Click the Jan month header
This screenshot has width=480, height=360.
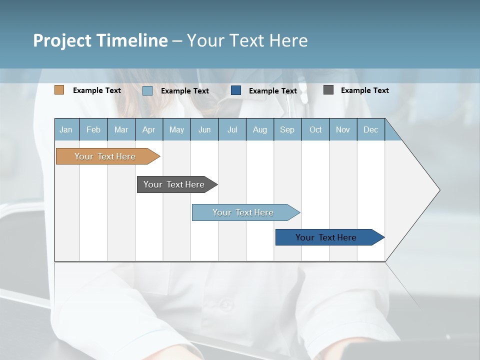(66, 129)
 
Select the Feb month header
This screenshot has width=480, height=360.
(93, 129)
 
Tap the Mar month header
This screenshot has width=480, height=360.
(121, 129)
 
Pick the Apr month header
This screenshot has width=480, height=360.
(149, 129)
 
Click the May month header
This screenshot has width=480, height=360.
(176, 129)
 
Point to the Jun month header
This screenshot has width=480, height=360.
(204, 129)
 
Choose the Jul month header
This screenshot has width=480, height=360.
(232, 129)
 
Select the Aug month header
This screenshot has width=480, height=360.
(260, 129)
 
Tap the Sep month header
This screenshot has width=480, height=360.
(287, 129)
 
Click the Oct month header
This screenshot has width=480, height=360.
(315, 129)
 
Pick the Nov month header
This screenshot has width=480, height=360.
(343, 129)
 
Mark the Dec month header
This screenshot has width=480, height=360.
(371, 129)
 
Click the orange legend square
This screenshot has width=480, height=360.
(59, 90)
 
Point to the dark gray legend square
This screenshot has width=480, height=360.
(328, 90)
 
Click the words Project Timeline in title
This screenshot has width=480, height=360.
(100, 40)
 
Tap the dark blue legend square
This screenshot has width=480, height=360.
(236, 90)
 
